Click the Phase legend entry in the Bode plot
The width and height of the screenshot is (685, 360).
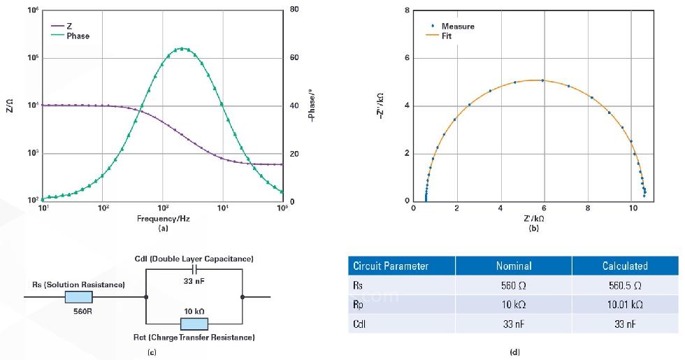coord(78,36)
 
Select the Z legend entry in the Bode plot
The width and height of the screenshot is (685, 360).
coord(69,26)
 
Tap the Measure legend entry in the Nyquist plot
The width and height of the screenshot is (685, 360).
coord(457,27)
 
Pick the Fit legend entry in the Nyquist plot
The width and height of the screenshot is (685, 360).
coord(447,36)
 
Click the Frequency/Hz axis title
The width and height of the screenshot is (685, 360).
coord(163,219)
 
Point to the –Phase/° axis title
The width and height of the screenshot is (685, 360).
coord(312,105)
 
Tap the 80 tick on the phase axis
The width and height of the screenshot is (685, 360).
coord(294,10)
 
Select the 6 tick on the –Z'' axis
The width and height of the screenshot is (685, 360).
coord(407,58)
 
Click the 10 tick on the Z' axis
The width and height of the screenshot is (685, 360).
coord(632,208)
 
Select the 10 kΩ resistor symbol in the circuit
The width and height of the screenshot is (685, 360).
coord(194,324)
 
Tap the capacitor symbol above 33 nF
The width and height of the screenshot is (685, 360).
coord(194,270)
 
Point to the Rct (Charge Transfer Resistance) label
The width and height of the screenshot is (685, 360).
coord(194,338)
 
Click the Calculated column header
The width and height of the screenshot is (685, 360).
coord(625,266)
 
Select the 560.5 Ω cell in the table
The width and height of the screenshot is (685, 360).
coord(625,285)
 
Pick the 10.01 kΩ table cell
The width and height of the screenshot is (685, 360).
coord(625,305)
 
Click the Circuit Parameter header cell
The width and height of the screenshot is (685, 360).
coord(391,266)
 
